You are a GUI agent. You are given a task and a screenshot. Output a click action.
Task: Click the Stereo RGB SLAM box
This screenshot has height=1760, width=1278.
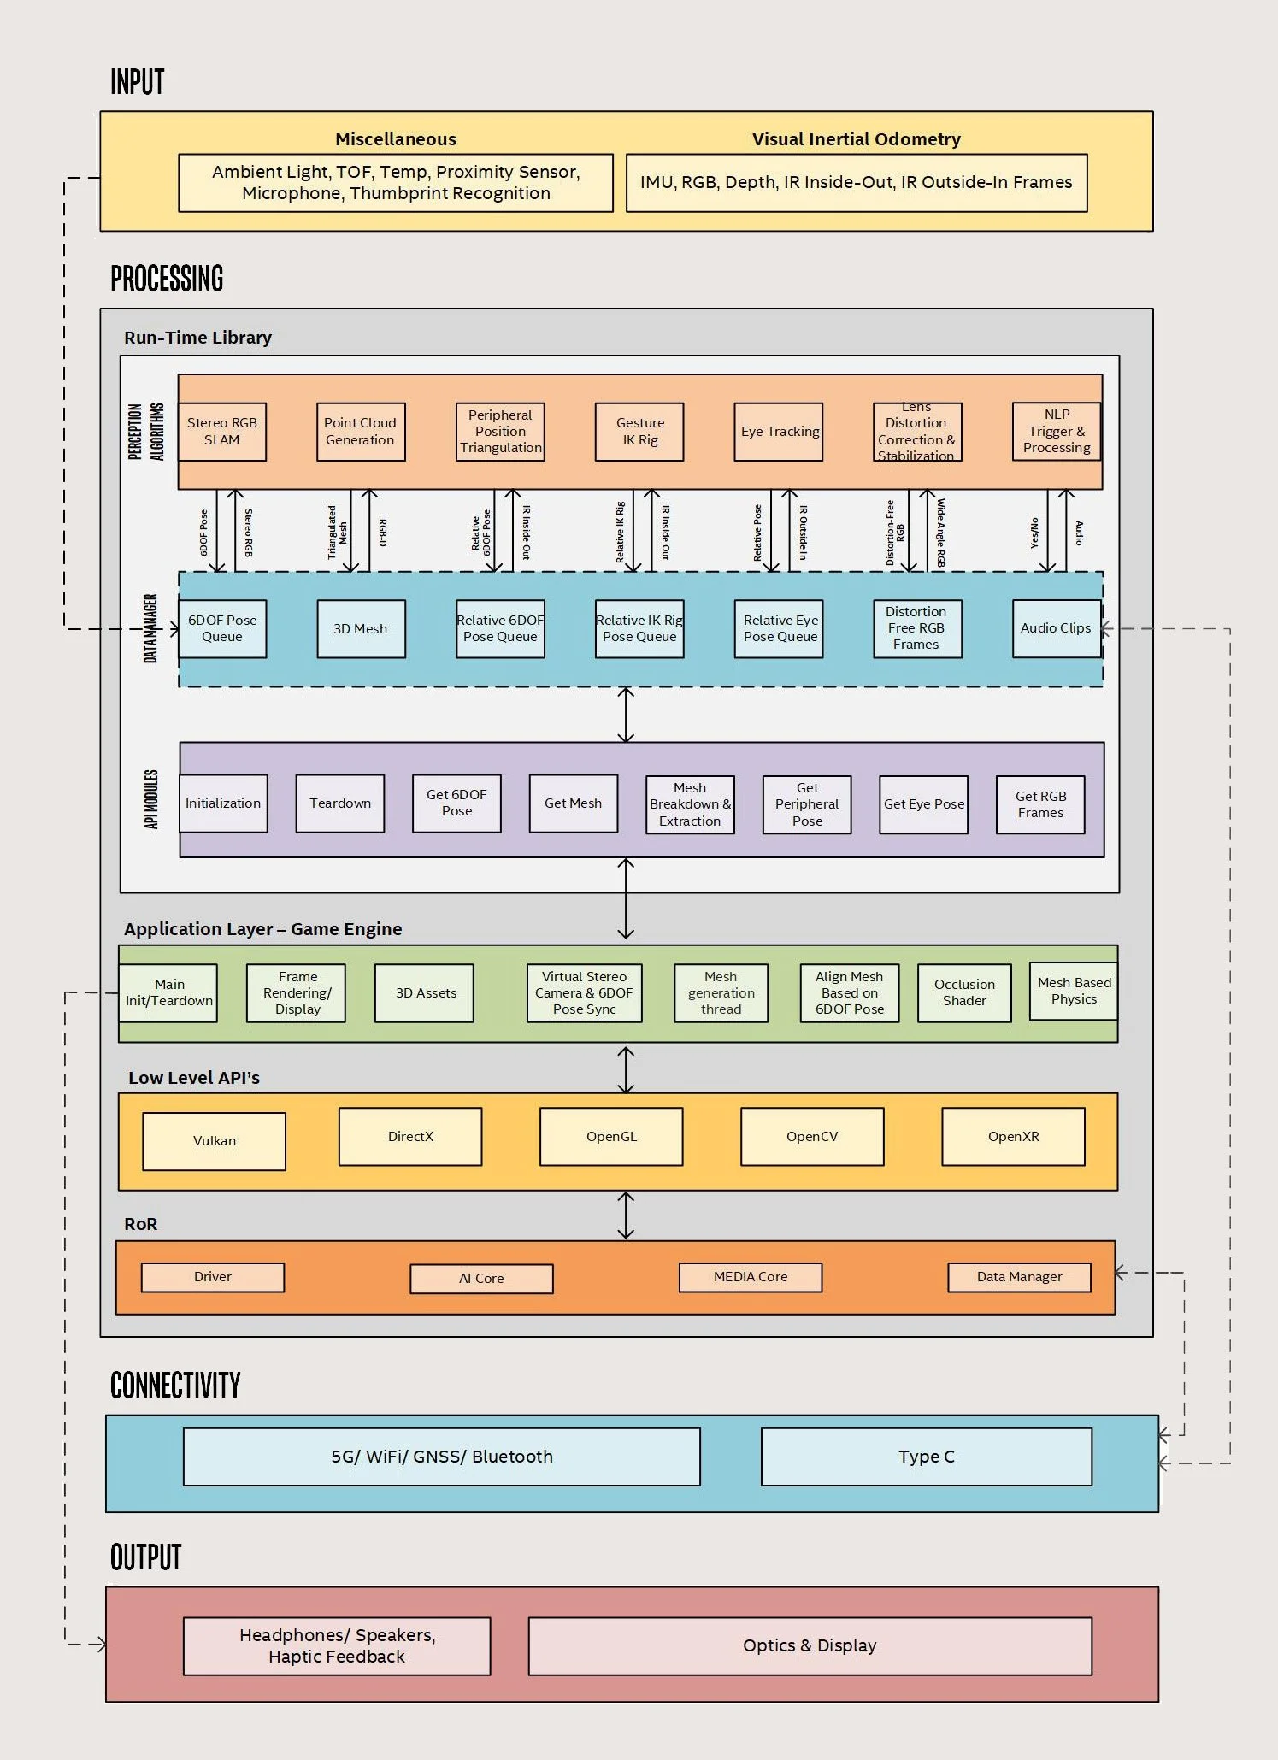coord(222,432)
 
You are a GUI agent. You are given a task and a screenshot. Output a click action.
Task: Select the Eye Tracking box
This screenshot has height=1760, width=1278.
coord(779,432)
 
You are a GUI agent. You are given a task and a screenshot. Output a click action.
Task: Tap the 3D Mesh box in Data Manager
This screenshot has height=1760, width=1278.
coord(361,629)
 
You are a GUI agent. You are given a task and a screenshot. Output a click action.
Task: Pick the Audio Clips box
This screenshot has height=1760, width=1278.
coord(1056,628)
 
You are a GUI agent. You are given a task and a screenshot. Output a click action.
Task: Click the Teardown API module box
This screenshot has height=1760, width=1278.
coord(340,803)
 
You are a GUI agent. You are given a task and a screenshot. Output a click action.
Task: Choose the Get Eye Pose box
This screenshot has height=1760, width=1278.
coord(924,804)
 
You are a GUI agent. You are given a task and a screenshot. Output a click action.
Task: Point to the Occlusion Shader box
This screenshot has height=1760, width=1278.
coord(964,992)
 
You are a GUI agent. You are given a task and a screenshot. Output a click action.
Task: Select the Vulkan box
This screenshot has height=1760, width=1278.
coord(215,1141)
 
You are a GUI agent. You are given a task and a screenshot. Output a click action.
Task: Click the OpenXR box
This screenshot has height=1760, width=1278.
coord(1013,1137)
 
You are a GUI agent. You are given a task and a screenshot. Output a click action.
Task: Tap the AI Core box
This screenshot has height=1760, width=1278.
coord(481,1279)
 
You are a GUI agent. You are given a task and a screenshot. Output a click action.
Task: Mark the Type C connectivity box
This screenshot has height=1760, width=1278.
coord(926,1457)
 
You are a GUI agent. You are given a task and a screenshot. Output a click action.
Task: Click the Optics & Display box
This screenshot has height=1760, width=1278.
coord(810,1645)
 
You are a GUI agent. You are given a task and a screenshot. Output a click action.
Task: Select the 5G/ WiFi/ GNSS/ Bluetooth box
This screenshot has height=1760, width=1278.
coord(442,1457)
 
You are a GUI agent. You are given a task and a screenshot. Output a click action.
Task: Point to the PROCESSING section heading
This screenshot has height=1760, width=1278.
coord(167,279)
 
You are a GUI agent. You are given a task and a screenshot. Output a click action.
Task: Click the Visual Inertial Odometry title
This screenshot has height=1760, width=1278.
coord(856,139)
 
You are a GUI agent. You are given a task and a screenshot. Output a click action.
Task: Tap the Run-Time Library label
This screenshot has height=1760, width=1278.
coord(197,338)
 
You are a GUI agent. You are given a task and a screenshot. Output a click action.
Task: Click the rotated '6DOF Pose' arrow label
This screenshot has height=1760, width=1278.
coord(203,533)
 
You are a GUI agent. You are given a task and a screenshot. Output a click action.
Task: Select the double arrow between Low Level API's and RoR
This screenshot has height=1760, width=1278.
coord(626,1216)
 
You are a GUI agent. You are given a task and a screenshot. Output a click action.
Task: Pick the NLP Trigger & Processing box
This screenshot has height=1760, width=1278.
coord(1057,432)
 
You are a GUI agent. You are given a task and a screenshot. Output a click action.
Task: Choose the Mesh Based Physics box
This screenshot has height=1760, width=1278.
coord(1074,991)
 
